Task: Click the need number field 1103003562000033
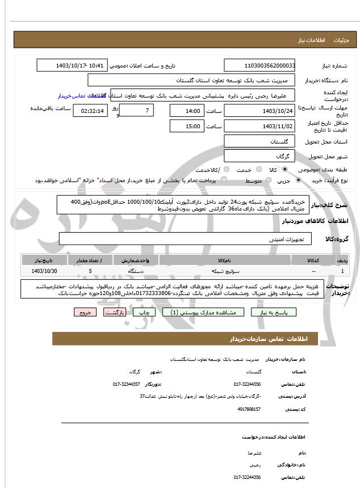tap(259, 66)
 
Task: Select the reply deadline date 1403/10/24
tap(259, 111)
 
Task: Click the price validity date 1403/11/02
tap(259, 126)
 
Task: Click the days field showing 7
tap(137, 111)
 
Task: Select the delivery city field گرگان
tap(259, 155)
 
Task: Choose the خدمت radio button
tap(259, 170)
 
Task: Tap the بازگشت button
tap(115, 312)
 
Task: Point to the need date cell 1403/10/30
tap(44, 272)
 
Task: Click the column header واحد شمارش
tap(135, 260)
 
